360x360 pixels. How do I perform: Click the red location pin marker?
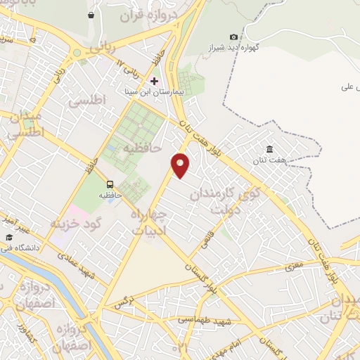pos(181,165)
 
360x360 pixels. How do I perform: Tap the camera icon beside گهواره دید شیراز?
pos(233,37)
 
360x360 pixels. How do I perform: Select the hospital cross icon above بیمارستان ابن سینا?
pos(155,81)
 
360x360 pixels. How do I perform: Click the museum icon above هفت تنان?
pos(270,148)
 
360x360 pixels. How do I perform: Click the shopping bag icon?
pos(91,15)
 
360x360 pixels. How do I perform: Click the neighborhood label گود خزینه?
pos(76,222)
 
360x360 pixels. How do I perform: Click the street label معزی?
pos(293,266)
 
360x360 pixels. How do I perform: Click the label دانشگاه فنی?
pos(23,247)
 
